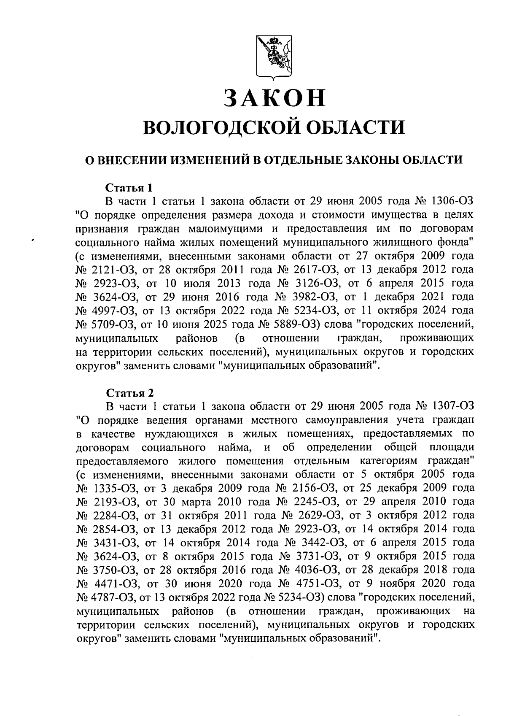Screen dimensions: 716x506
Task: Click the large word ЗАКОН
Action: click(275, 98)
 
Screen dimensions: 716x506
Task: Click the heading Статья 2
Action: click(130, 393)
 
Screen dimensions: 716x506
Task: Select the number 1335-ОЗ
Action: click(113, 488)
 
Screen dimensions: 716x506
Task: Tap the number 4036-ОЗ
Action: click(314, 570)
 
